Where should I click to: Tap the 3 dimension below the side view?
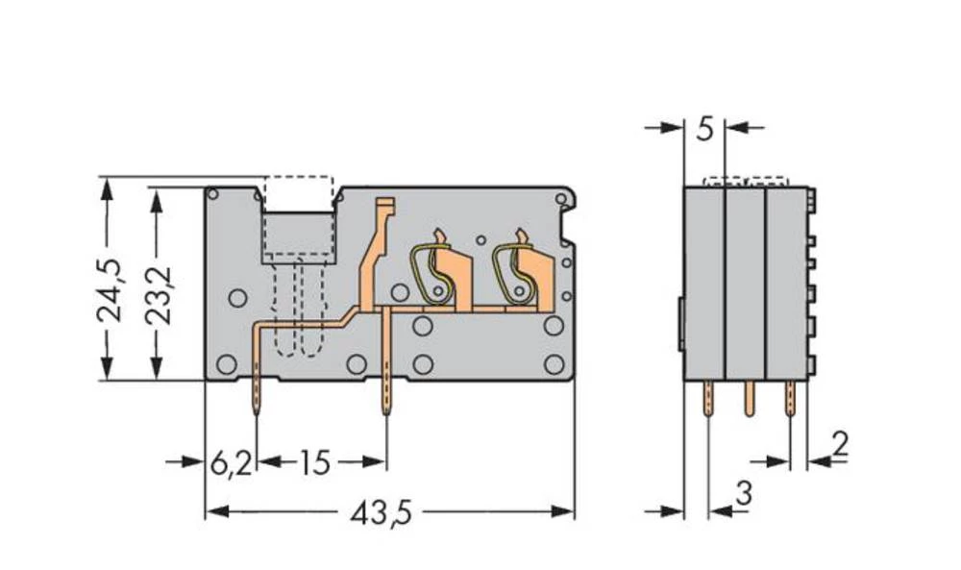742,493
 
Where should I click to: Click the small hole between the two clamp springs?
480,239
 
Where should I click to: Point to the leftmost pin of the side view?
708,398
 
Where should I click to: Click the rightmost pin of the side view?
791,398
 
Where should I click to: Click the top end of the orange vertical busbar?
384,205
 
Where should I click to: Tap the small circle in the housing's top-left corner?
213,195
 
